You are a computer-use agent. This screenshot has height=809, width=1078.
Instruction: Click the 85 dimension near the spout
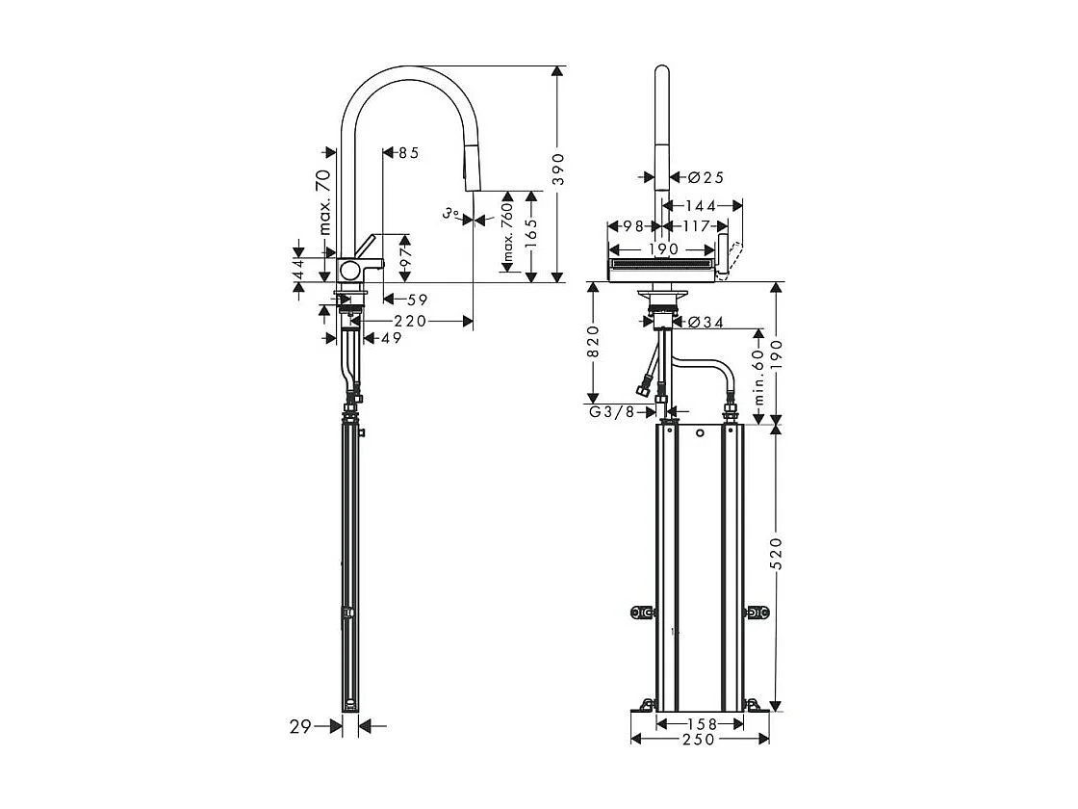pos(408,152)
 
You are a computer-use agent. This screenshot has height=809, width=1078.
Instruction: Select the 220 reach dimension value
pos(410,322)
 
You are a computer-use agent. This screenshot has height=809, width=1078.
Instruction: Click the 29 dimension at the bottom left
pos(300,727)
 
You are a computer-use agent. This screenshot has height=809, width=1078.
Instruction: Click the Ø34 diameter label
pos(706,322)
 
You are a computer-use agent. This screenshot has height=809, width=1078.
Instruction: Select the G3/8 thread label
pos(611,413)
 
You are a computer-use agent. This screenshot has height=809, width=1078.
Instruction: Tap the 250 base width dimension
pos(700,740)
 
